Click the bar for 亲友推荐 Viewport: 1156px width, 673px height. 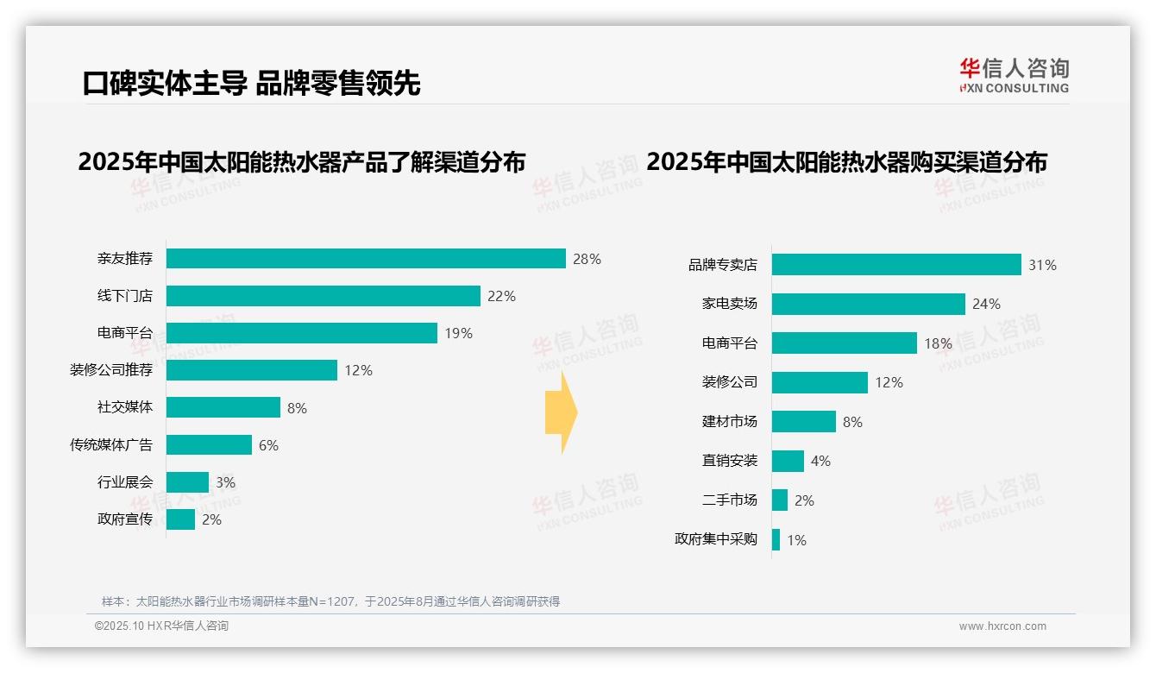click(x=366, y=259)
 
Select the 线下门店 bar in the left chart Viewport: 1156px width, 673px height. click(x=323, y=296)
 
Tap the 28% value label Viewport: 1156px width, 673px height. click(x=587, y=259)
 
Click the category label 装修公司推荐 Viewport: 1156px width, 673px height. click(x=111, y=370)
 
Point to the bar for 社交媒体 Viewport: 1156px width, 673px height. click(x=223, y=407)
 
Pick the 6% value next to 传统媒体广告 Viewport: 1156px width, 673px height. click(x=268, y=445)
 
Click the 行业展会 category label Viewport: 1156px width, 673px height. click(x=125, y=482)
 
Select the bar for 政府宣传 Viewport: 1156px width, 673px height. click(x=180, y=519)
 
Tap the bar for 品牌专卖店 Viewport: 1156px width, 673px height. click(x=896, y=265)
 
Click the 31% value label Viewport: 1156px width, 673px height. click(x=1042, y=265)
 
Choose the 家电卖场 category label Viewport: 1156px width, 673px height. click(x=729, y=304)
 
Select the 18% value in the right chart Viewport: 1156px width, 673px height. click(x=938, y=343)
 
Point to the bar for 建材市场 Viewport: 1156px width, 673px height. click(x=803, y=422)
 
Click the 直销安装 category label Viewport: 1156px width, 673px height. click(x=729, y=461)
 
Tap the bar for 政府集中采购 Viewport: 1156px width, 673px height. click(x=776, y=540)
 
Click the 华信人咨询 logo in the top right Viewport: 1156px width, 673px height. click(x=1014, y=75)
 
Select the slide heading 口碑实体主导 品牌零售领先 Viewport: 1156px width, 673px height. click(x=251, y=83)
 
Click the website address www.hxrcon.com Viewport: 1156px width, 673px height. click(x=1002, y=626)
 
